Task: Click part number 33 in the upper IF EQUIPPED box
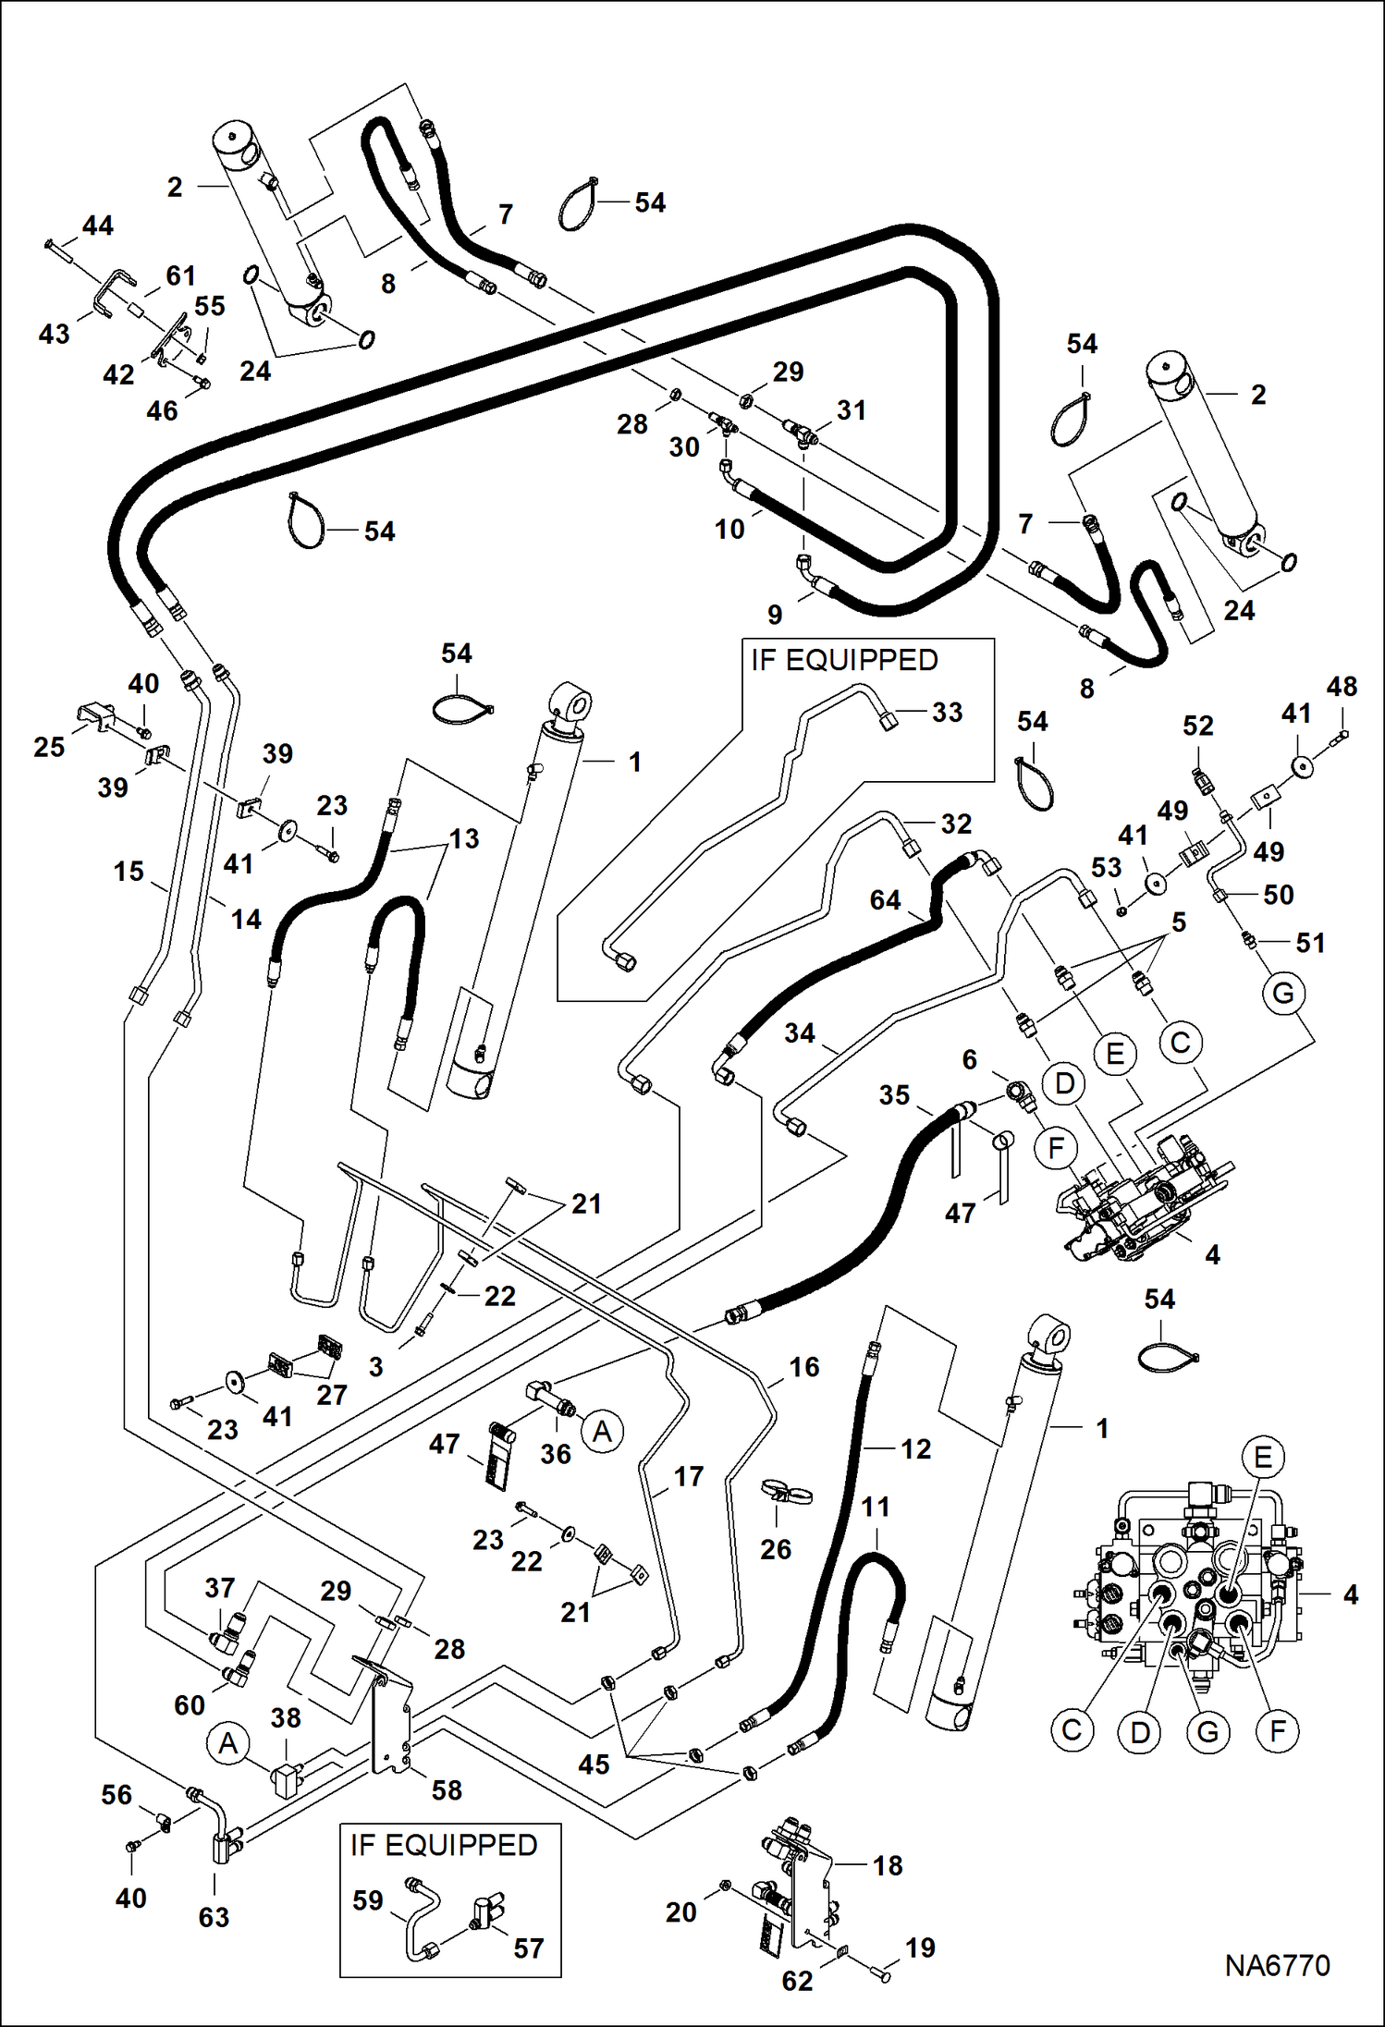(947, 713)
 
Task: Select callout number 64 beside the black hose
(885, 900)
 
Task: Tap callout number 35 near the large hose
(894, 1095)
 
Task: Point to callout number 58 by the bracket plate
(447, 1789)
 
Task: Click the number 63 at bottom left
(214, 1917)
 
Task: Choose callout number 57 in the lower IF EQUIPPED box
(528, 1948)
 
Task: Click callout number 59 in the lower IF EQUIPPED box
(368, 1900)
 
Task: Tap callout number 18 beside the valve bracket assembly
(888, 1865)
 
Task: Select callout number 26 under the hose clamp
(776, 1549)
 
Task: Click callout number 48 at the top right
(1342, 687)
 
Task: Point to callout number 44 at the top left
(98, 226)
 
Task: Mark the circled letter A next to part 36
(603, 1431)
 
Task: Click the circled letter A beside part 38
(227, 1743)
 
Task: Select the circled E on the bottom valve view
(1263, 1458)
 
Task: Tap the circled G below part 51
(1283, 994)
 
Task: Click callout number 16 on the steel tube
(803, 1367)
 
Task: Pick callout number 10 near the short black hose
(729, 530)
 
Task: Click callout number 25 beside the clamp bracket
(49, 747)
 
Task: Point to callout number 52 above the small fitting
(1197, 726)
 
